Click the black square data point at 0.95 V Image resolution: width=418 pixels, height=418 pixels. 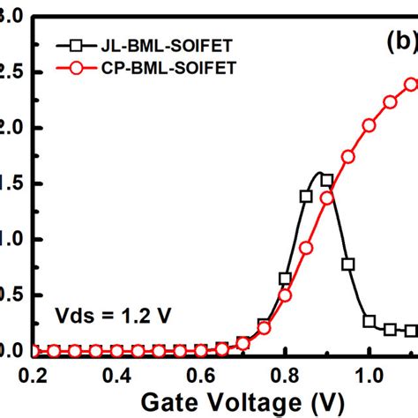point(348,264)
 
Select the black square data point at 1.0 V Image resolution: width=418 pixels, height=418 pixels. point(369,321)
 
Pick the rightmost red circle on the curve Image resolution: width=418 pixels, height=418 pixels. point(411,85)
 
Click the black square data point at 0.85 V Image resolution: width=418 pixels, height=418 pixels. point(306,197)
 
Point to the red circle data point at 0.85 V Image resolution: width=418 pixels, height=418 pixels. point(306,249)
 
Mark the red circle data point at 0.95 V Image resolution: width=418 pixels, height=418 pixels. point(348,156)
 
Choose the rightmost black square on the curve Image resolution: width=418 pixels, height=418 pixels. point(411,331)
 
